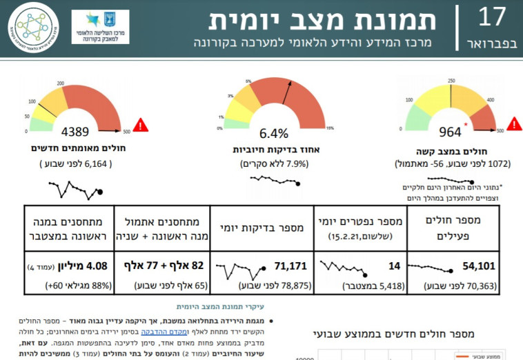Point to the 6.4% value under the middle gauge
[274, 133]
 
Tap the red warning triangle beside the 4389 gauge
[141, 125]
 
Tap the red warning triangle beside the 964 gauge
[514, 125]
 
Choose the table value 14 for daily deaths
[394, 265]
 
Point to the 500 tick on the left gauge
[126, 132]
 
